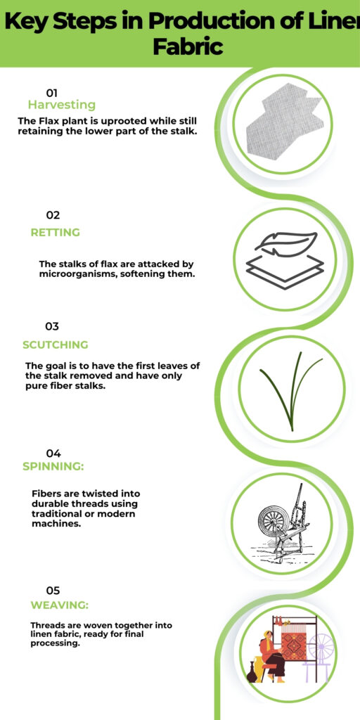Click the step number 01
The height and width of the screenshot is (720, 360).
(x=51, y=93)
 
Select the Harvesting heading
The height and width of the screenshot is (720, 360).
(x=61, y=105)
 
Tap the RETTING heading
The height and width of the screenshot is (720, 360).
(x=55, y=233)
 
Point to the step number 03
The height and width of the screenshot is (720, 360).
(x=51, y=326)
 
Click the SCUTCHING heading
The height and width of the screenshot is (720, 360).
(x=55, y=345)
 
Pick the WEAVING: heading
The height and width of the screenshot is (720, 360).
(x=59, y=605)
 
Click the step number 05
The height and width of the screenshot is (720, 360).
(x=53, y=591)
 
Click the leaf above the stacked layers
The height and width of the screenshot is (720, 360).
(x=285, y=243)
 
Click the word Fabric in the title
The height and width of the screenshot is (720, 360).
(x=188, y=48)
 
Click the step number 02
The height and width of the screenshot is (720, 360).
(x=53, y=215)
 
